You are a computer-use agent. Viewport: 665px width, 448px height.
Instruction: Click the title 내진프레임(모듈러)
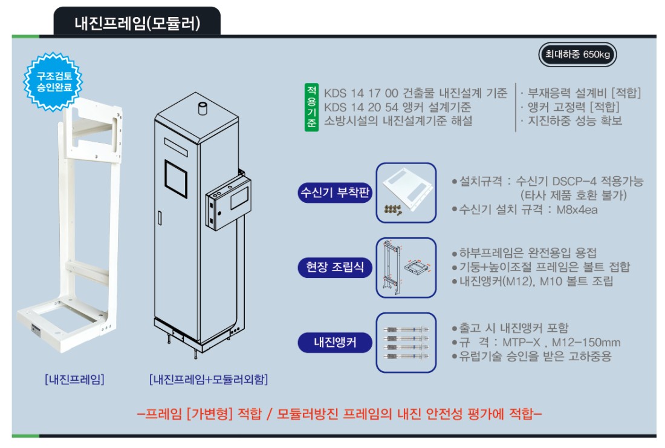click(x=137, y=23)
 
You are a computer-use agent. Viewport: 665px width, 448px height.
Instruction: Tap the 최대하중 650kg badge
click(x=577, y=54)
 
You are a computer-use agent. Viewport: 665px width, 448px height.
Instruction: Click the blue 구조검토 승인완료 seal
click(x=53, y=82)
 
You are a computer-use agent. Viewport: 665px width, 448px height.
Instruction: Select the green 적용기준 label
click(x=311, y=107)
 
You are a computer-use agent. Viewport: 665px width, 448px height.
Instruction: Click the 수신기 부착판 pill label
click(x=335, y=193)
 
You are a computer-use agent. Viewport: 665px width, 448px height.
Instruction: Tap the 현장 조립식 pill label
click(x=335, y=267)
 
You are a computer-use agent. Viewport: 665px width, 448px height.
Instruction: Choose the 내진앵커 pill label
click(x=335, y=342)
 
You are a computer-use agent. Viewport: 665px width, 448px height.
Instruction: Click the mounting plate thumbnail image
click(x=406, y=193)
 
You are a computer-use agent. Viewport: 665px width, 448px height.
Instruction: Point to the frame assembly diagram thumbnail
click(x=406, y=268)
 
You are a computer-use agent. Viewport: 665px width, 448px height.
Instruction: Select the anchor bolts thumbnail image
click(x=406, y=343)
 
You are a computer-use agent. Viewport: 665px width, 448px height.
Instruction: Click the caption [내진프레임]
click(x=74, y=379)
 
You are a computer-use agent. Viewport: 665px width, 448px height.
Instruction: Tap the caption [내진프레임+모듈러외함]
click(x=208, y=379)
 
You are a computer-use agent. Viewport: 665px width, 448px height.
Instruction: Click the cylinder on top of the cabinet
click(x=203, y=108)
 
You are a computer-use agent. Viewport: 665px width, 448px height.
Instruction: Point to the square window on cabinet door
click(x=175, y=179)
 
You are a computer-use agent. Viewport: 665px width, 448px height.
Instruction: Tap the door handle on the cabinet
click(x=160, y=218)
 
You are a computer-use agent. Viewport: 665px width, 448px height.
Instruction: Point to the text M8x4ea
click(x=577, y=209)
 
